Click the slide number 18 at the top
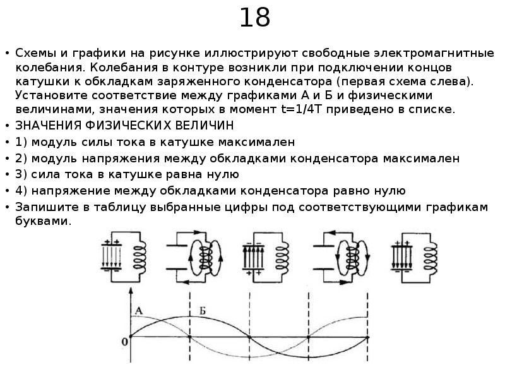pos(254,19)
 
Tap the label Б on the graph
pos(203,310)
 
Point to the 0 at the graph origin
pos(124,342)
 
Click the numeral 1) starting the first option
pos(21,141)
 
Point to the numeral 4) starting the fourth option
pos(21,191)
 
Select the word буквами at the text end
pos(44,222)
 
